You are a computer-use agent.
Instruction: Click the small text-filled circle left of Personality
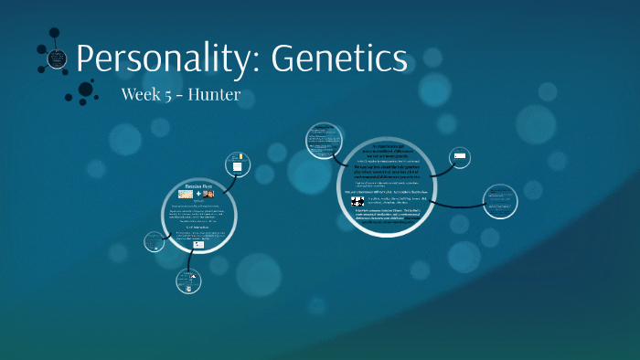[57, 59]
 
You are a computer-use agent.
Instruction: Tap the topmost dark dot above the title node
[55, 32]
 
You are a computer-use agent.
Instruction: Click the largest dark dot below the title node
[86, 90]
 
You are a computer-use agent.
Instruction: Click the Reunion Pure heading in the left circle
[199, 186]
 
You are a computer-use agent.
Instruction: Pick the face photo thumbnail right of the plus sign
[208, 195]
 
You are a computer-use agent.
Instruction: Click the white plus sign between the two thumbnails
[197, 195]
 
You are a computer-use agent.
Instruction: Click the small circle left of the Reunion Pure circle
[153, 242]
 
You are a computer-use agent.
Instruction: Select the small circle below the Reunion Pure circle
[188, 281]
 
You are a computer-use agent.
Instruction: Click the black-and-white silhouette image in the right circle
[358, 201]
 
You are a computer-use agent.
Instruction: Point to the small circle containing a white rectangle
[460, 158]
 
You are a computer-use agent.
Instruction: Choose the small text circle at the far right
[501, 200]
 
